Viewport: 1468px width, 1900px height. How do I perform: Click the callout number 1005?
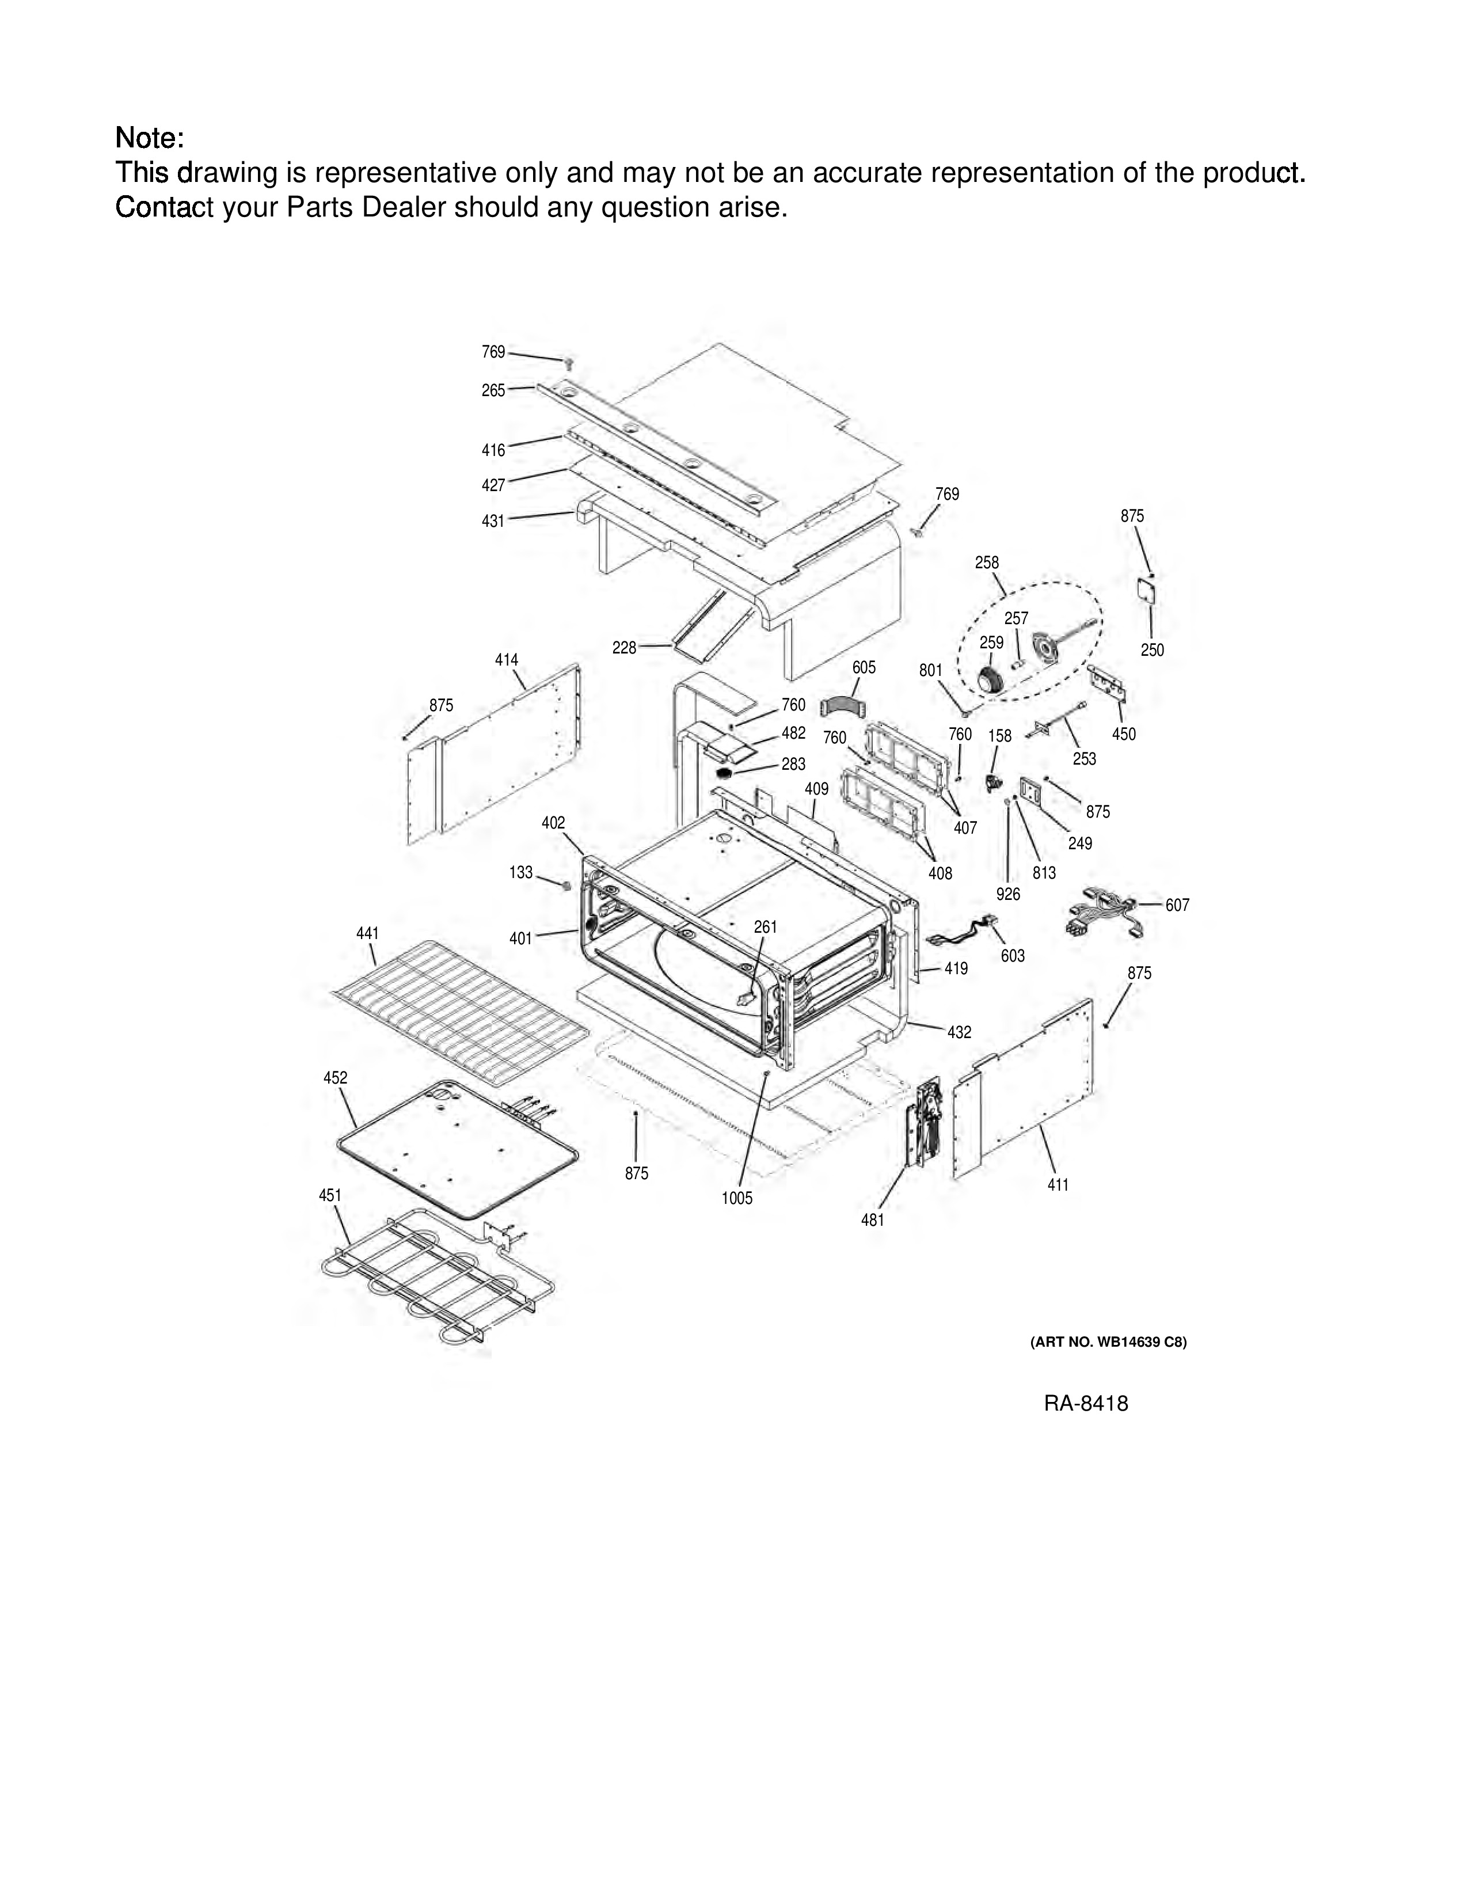(x=737, y=1198)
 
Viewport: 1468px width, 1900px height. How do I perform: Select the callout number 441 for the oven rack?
(x=368, y=933)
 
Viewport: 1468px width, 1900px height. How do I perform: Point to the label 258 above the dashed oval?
(x=987, y=563)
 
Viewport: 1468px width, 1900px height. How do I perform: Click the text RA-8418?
(x=1086, y=1403)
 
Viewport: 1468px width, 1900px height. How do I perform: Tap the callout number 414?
(x=507, y=660)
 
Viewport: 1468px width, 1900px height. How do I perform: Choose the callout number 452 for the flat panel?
(x=336, y=1078)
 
